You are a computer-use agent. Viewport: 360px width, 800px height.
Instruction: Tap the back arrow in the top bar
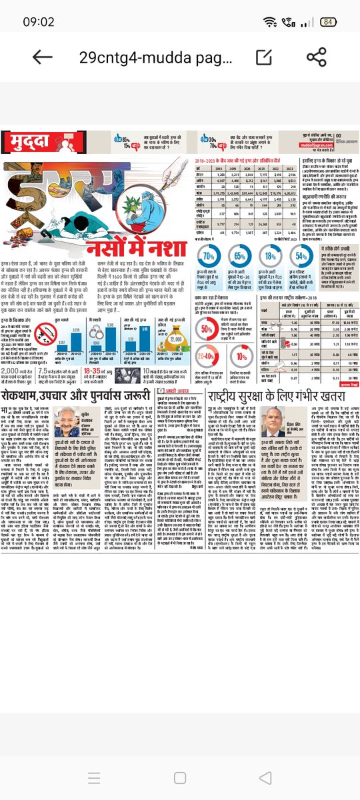pos(41,57)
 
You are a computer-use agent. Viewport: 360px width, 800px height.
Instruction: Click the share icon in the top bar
pos(317,57)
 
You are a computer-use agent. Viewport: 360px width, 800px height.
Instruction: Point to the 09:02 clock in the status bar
pos(39,21)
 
